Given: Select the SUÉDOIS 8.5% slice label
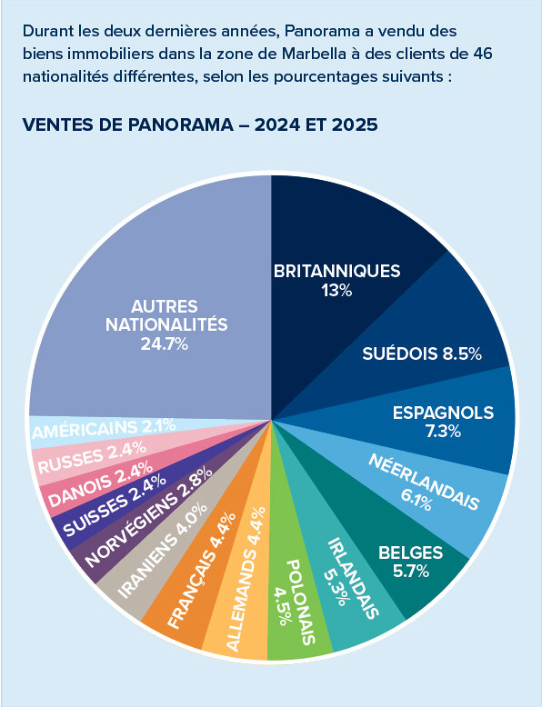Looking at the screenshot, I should tap(421, 353).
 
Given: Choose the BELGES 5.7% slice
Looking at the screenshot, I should tap(409, 561).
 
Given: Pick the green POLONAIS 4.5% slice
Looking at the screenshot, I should tap(296, 600).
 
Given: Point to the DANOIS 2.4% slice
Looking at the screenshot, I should tap(82, 483).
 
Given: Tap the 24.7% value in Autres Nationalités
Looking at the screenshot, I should tap(164, 344).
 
